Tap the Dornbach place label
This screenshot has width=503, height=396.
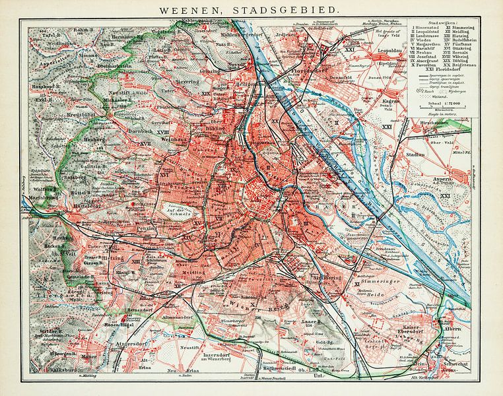pyautogui.click(x=138, y=133)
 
